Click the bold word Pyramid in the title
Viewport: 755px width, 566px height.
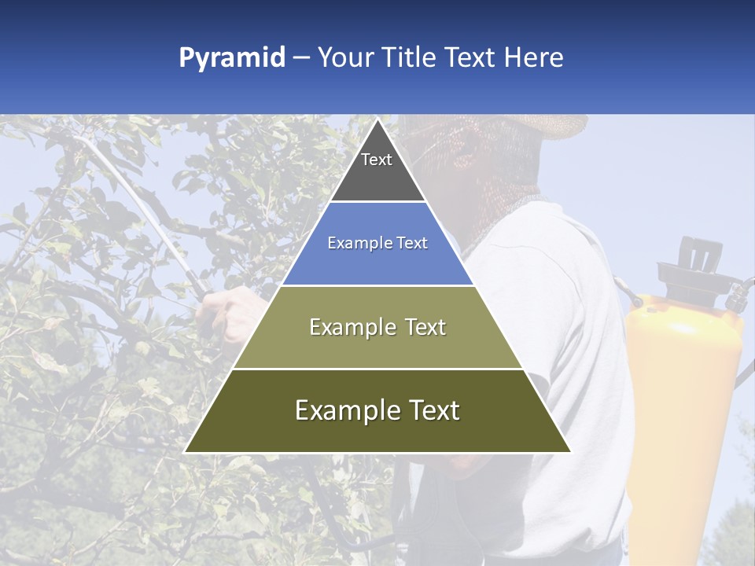pyautogui.click(x=232, y=58)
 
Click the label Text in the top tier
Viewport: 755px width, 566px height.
pyautogui.click(x=377, y=160)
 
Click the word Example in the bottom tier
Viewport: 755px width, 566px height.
pyautogui.click(x=344, y=410)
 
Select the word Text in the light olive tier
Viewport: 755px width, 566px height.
pyautogui.click(x=421, y=327)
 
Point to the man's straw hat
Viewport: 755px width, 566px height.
pyautogui.click(x=543, y=126)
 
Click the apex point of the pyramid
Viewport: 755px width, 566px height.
pyautogui.click(x=377, y=120)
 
